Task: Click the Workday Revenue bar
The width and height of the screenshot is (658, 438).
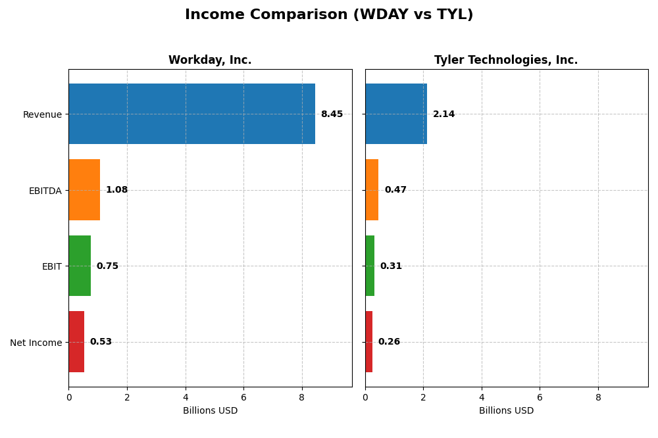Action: coord(191,114)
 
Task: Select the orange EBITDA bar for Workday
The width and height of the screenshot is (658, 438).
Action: coord(84,190)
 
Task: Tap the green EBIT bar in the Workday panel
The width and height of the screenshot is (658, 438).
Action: coord(80,266)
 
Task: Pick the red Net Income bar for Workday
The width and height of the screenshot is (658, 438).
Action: coord(76,342)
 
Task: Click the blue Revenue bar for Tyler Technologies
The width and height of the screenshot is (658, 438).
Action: coord(396,114)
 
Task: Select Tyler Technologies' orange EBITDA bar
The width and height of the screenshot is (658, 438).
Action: coord(372,190)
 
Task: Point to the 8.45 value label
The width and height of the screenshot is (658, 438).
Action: coord(332,114)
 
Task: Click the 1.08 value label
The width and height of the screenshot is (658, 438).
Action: coord(116,190)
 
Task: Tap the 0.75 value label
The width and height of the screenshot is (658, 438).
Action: coord(107,266)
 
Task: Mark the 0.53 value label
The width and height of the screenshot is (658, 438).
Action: coord(101,342)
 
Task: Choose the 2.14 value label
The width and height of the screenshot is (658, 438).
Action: coord(443,114)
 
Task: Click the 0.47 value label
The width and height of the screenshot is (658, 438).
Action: coord(395,190)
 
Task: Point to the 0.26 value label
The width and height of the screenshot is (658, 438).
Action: coord(389,342)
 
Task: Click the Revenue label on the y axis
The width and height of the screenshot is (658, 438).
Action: coord(42,115)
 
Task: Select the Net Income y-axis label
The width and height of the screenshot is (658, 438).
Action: coord(36,343)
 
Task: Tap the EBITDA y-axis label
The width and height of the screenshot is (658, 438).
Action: coord(45,191)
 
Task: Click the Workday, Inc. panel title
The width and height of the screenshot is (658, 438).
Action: coord(210,61)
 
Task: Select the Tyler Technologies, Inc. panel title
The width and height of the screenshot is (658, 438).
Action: coord(506,61)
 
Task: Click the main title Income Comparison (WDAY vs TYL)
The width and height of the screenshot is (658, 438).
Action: coord(329,15)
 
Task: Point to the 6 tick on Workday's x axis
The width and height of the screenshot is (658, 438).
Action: coord(243,397)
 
